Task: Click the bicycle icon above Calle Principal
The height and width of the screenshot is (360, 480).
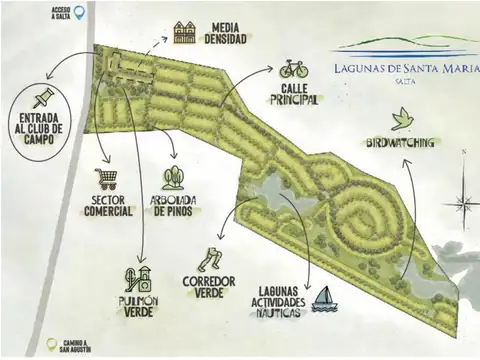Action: (293, 69)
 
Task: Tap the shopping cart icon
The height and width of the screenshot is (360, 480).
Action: (106, 180)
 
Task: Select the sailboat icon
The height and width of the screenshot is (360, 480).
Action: (322, 299)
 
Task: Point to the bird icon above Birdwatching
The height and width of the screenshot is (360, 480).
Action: (402, 120)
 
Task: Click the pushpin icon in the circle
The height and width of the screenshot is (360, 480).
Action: (42, 98)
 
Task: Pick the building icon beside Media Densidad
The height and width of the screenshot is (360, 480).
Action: (184, 32)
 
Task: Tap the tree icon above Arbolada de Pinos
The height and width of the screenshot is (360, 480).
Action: (173, 178)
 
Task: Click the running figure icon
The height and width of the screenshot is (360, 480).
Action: (209, 260)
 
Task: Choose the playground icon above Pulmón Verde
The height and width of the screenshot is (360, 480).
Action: (139, 278)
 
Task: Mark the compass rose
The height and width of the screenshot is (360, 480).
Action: (462, 202)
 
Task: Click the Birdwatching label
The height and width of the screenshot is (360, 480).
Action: (401, 143)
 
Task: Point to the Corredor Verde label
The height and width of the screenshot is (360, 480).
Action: (209, 287)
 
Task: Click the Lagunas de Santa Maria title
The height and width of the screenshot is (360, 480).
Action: (404, 68)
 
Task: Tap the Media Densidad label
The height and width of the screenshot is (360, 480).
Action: (227, 31)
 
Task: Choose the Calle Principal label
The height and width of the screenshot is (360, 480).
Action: (294, 94)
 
